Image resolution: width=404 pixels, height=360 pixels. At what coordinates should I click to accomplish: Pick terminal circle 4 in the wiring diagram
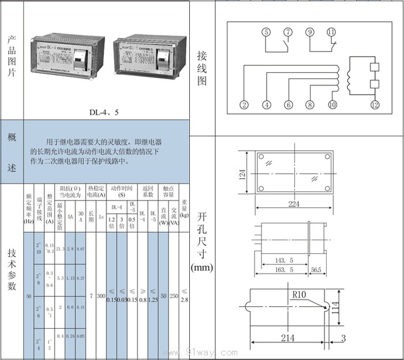tap(266, 105)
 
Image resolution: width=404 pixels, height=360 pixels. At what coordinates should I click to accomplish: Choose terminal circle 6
tap(288, 105)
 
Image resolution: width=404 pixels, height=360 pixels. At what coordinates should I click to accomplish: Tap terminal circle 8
tap(310, 105)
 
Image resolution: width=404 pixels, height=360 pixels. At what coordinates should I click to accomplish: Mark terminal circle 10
tap(332, 105)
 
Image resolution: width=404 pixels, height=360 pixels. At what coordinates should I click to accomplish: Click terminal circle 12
tap(375, 105)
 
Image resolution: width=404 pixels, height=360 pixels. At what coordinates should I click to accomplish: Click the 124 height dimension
tap(244, 172)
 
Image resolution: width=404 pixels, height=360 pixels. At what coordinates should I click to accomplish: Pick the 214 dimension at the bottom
tap(287, 337)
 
